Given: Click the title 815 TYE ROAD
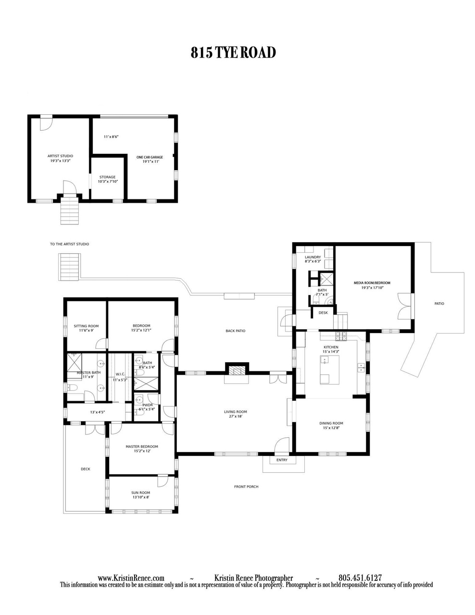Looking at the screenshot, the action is tap(233, 53).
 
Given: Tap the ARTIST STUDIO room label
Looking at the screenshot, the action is tap(60, 156).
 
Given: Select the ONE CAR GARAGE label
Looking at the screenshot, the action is tap(150, 157).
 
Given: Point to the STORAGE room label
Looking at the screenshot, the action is tap(107, 177).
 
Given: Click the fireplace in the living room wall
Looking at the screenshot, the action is tap(237, 371).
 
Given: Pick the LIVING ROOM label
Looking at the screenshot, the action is tap(236, 412).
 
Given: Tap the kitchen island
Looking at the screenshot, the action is tap(329, 370).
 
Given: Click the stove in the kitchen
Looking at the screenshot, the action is tap(341, 336).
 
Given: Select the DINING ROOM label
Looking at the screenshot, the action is tap(331, 423).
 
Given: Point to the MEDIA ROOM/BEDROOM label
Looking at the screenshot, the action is tap(372, 283).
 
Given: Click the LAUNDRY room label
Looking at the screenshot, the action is tap(313, 257).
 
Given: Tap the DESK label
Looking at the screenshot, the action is tap(323, 313).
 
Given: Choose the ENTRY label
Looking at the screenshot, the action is tap(282, 460).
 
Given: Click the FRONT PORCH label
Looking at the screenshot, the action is tap(246, 487).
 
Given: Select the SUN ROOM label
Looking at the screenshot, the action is tap(141, 492).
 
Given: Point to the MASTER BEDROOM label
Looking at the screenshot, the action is tap(142, 447).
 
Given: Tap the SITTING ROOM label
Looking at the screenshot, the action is tap(87, 326).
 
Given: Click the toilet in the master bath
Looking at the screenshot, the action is tap(72, 388).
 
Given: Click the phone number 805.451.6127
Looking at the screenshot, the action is tap(360, 578).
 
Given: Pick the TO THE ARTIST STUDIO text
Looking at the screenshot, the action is tap(70, 244).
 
